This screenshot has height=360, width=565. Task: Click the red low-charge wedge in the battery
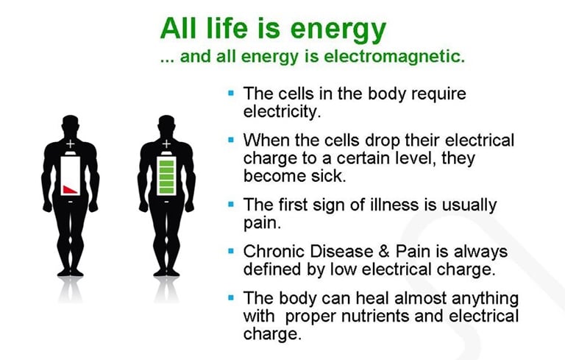coord(71,189)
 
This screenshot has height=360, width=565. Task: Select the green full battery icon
coord(166,174)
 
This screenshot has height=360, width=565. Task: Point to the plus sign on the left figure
coord(71,144)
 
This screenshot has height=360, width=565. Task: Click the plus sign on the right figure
coord(166,144)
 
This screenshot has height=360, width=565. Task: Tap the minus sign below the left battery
coord(71,202)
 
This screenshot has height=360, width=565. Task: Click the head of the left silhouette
coord(71,125)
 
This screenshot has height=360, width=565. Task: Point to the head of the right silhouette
coord(166,125)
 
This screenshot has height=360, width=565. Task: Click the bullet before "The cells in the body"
coord(231,93)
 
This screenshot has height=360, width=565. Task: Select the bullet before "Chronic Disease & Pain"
coord(231,251)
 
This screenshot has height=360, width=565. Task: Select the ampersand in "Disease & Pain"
coord(384,252)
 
